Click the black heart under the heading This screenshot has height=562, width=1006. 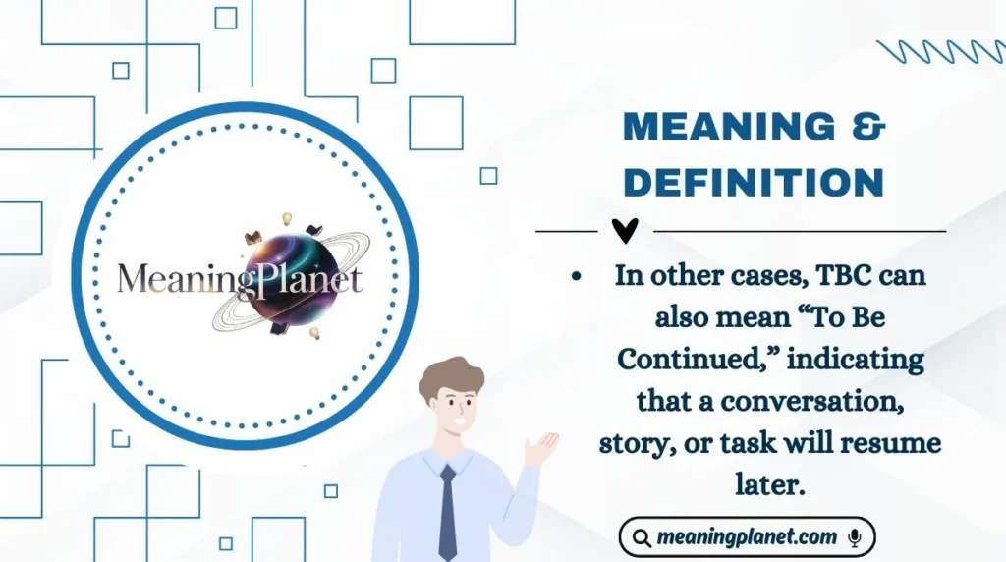coord(625,230)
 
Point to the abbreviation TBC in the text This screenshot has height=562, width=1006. coord(837,276)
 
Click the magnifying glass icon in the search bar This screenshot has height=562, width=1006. coord(642,538)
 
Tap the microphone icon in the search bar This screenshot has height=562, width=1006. coord(854,537)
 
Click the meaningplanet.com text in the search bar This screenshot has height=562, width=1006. coord(747,537)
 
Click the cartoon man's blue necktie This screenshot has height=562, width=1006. coord(448,511)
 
